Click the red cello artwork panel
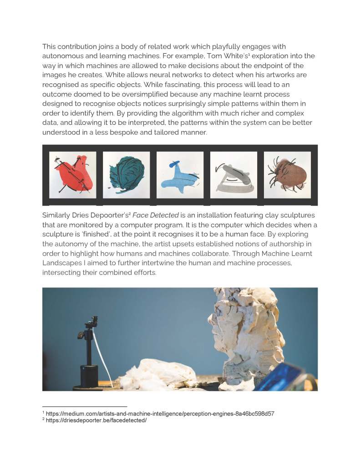click(x=73, y=174)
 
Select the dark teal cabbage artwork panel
click(x=126, y=174)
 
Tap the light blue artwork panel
click(x=180, y=174)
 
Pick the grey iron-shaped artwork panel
click(x=233, y=174)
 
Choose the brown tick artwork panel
click(x=287, y=174)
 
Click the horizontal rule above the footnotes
click(x=85, y=406)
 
